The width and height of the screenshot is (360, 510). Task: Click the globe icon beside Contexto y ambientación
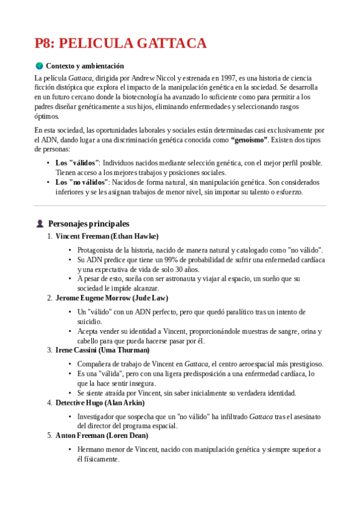tap(39, 66)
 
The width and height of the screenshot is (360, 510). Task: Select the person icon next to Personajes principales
tap(40, 223)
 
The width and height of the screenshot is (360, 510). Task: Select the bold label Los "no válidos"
tap(82, 182)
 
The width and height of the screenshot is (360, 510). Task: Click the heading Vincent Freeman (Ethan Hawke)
tap(107, 236)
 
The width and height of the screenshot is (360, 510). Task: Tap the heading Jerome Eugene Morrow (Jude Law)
tap(112, 298)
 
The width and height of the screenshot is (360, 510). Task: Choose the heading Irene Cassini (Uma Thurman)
tap(102, 350)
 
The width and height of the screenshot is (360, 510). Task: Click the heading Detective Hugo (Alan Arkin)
tap(100, 402)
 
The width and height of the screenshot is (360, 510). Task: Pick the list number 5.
tap(49, 435)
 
